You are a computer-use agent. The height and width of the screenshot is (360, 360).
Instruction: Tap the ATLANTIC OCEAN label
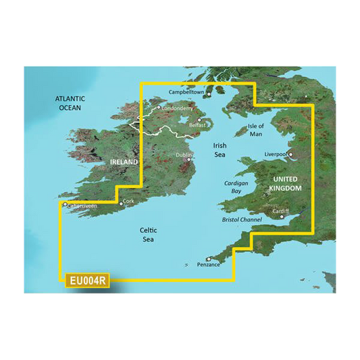coord(69,103)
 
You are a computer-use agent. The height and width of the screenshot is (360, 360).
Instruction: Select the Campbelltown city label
coord(186,92)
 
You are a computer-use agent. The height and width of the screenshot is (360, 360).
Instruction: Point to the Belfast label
coord(197,126)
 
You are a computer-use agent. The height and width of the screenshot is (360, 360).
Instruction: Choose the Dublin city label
coord(184,155)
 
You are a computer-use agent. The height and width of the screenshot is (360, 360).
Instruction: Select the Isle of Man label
coord(256,130)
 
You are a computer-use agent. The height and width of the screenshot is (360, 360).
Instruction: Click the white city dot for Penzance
coord(209,259)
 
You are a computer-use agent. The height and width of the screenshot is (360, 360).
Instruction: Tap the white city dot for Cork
coord(122,203)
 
